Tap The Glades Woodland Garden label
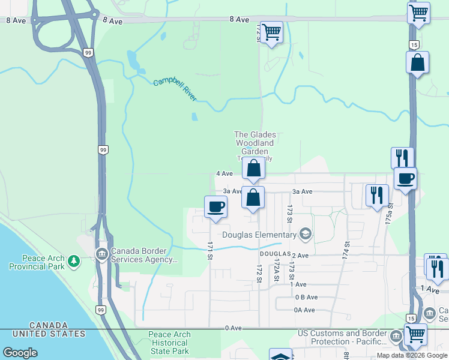(255, 143)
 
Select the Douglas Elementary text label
(260, 234)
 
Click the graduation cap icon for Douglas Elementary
(306, 234)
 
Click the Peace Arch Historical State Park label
(178, 343)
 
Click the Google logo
(20, 353)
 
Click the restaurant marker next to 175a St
(377, 195)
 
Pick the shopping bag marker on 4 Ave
(254, 169)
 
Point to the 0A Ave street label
(304, 310)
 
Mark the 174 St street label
(346, 250)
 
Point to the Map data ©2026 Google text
(412, 355)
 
